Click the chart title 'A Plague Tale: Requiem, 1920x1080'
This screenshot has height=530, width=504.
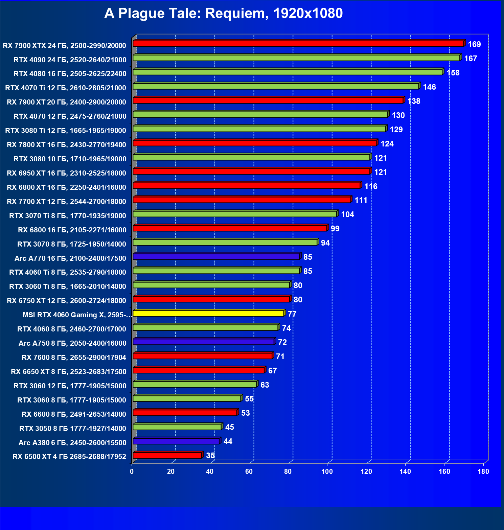223,14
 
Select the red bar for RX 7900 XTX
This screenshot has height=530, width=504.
298,44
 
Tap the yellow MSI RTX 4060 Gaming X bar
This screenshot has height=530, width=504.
208,314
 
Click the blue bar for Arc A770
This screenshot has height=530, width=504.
216,257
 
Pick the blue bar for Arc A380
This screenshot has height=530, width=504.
176,441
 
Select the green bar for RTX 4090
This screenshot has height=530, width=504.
296,58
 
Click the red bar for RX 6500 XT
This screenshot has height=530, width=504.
167,455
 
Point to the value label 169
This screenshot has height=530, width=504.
474,44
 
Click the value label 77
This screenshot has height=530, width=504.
292,314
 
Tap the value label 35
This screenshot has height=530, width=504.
210,456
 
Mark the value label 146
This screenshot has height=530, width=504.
429,87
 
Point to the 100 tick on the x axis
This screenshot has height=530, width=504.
327,471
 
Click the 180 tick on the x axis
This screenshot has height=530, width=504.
483,471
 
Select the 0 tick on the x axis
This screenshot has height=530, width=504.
132,471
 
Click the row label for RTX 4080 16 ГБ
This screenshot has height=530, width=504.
70,74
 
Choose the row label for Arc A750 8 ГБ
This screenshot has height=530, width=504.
72,343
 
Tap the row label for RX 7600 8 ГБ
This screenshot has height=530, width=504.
74,358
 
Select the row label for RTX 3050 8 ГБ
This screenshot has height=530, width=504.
73,429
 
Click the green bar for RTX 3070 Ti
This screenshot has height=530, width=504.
235,214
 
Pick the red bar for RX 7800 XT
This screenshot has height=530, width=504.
255,143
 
